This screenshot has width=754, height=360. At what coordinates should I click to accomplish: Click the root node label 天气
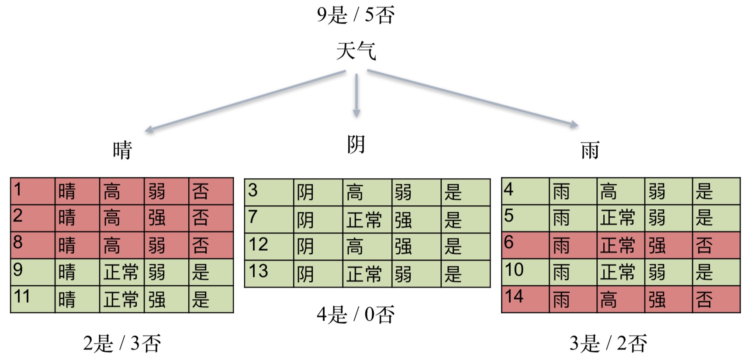click(356, 51)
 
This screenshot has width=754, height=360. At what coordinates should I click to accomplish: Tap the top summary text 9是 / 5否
click(356, 15)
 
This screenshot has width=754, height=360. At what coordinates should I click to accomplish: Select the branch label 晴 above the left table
click(122, 150)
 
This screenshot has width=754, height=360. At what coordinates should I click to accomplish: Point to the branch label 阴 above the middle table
click(356, 145)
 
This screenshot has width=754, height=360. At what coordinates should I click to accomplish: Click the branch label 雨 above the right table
click(590, 150)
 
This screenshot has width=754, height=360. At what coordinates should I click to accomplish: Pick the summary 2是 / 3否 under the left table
click(122, 343)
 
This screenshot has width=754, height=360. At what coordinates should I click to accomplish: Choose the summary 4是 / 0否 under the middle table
click(356, 314)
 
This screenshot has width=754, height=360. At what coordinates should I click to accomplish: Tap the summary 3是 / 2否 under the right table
click(608, 343)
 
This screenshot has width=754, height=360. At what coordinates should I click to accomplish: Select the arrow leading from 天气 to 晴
click(245, 101)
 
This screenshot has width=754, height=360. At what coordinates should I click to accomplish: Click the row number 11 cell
click(33, 299)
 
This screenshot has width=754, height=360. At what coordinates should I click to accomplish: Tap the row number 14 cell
click(525, 299)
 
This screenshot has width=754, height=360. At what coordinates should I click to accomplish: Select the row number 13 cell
click(269, 273)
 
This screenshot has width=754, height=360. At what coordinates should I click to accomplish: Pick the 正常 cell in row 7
click(367, 219)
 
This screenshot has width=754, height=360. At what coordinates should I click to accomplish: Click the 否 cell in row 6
click(716, 245)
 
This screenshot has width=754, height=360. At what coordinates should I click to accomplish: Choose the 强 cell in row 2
click(166, 218)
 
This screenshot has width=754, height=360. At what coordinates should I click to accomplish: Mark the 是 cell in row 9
click(211, 272)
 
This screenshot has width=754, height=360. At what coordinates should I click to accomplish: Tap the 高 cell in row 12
click(367, 246)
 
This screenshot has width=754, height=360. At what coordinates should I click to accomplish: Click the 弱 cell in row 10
click(668, 272)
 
